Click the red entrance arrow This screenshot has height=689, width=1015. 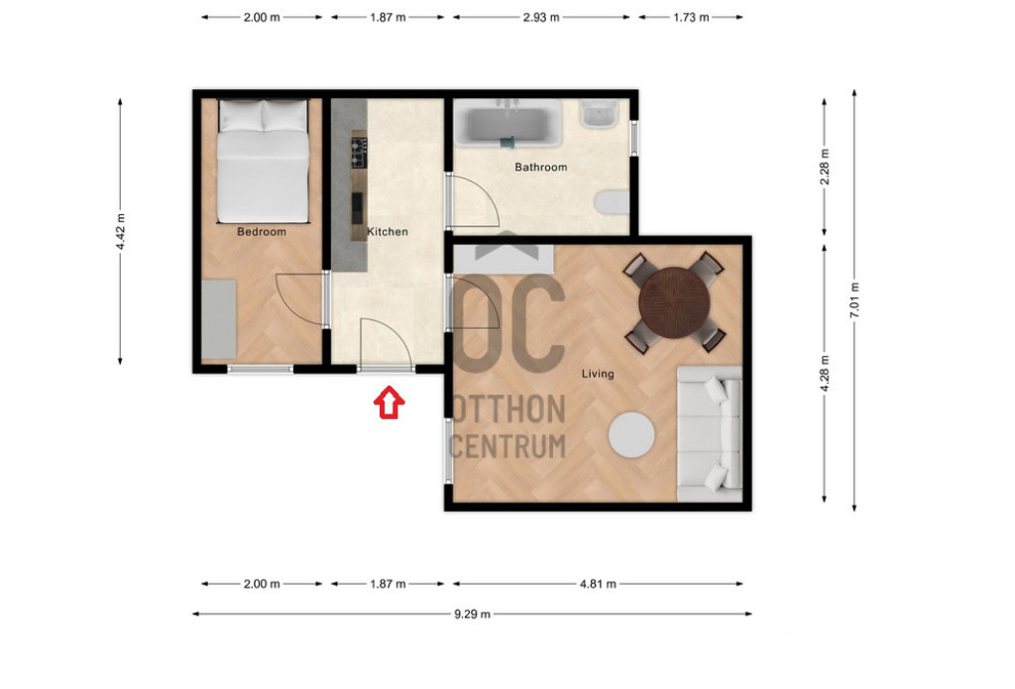[x=389, y=402]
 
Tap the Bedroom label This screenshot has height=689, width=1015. [x=262, y=232]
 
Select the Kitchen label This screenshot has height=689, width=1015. [x=388, y=232]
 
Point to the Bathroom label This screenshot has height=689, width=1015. [x=540, y=168]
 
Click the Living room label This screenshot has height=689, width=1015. [x=598, y=374]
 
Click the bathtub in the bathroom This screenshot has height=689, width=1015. [x=507, y=123]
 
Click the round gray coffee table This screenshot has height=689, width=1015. [x=631, y=435]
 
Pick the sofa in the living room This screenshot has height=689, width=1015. [x=710, y=434]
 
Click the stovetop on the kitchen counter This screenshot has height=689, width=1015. [x=359, y=153]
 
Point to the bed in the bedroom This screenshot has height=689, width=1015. [x=263, y=162]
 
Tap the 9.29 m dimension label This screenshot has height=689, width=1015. [x=472, y=614]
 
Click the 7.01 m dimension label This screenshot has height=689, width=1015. [x=854, y=299]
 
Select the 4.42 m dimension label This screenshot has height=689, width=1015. [x=120, y=231]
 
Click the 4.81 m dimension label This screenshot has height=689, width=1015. [x=598, y=584]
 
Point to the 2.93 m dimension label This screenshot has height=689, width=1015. [x=541, y=18]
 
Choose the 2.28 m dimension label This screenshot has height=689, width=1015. [x=824, y=167]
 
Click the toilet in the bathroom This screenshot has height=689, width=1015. [x=612, y=202]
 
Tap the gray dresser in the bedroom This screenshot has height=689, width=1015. [x=219, y=319]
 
